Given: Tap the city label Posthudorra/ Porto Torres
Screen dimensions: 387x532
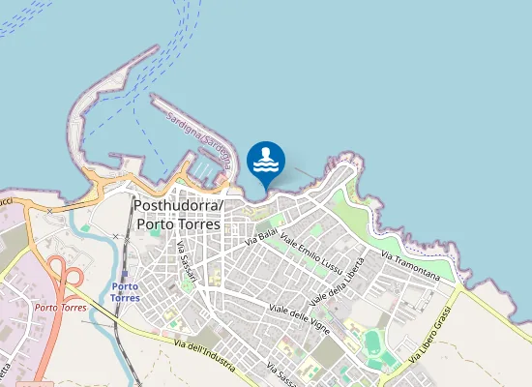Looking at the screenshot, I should pyautogui.click(x=178, y=215).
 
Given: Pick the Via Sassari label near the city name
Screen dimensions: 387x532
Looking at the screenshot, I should pyautogui.click(x=187, y=260).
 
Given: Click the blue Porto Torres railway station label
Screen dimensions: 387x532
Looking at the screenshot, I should pyautogui.click(x=125, y=292).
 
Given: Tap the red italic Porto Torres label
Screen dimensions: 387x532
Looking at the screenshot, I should pyautogui.click(x=60, y=308).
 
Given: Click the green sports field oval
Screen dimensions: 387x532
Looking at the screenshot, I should pyautogui.click(x=372, y=342).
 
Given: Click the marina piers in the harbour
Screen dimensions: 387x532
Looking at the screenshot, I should pyautogui.click(x=204, y=168).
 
